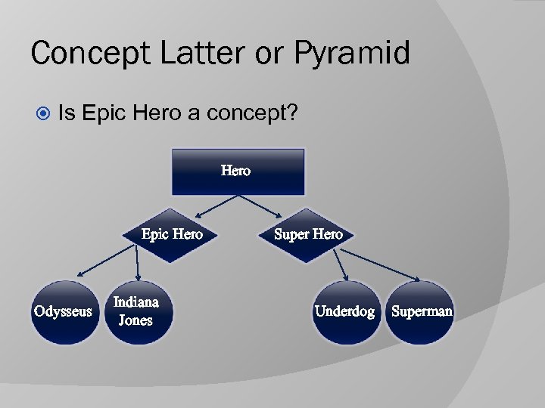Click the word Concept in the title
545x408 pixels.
(x=83, y=54)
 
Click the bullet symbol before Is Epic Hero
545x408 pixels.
(x=43, y=114)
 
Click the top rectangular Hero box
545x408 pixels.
(x=238, y=172)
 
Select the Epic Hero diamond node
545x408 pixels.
(x=172, y=235)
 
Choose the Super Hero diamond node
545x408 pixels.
(x=308, y=235)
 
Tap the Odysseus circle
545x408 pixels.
(x=64, y=311)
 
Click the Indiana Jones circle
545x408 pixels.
(x=136, y=311)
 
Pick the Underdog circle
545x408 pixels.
(x=344, y=311)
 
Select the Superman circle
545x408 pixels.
(x=422, y=311)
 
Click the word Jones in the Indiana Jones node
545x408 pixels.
(x=136, y=320)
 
